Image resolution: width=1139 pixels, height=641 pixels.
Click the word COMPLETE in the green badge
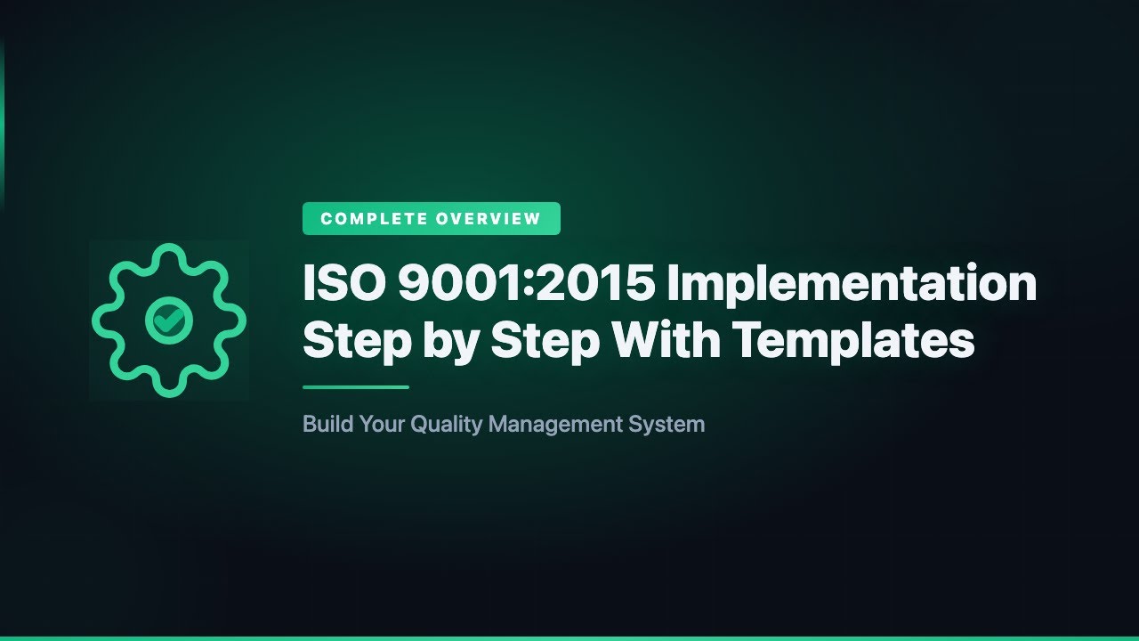click(x=373, y=219)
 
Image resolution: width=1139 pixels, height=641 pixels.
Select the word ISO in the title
click(x=342, y=284)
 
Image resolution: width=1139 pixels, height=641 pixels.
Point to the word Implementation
click(x=852, y=284)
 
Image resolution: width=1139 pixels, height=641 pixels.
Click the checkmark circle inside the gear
click(x=168, y=320)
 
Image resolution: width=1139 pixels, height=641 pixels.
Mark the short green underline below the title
click(x=355, y=387)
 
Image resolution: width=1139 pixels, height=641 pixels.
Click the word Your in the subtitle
click(x=380, y=424)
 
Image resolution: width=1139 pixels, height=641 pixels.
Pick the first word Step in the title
click(x=357, y=341)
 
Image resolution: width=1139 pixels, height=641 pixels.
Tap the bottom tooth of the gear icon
click(x=168, y=385)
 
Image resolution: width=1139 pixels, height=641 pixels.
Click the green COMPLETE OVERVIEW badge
click(x=431, y=219)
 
